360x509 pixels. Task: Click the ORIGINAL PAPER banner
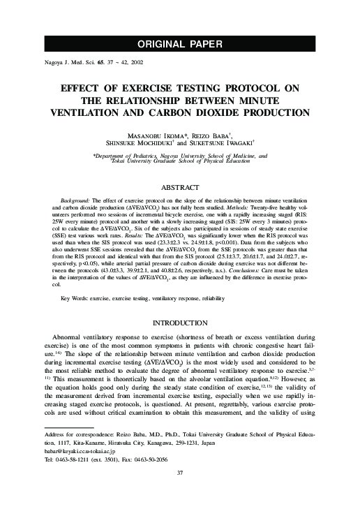pos(180,44)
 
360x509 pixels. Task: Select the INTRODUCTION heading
pos(180,322)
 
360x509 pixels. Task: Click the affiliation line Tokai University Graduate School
pos(180,162)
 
